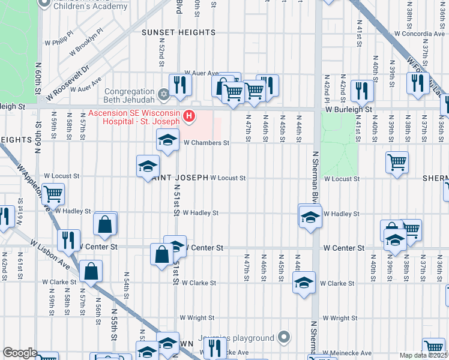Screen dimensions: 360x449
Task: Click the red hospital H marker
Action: click(189, 115)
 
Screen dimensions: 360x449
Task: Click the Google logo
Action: click(20, 353)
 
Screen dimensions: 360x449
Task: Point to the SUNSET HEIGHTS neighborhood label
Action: click(178, 32)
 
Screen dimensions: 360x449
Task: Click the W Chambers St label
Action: click(206, 143)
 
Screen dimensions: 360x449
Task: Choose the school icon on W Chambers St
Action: click(168, 141)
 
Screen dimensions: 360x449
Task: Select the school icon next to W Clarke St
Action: click(304, 282)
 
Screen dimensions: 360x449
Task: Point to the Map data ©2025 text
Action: click(423, 355)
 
